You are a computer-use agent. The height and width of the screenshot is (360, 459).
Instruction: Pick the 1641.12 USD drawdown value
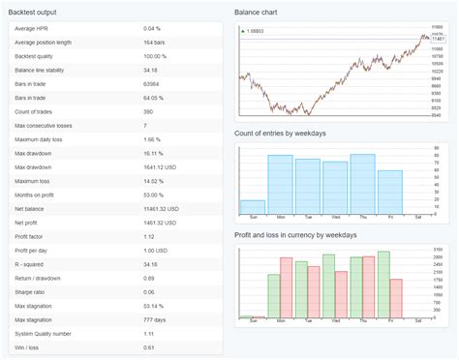pos(161,166)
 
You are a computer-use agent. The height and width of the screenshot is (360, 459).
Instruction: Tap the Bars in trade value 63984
pos(153,84)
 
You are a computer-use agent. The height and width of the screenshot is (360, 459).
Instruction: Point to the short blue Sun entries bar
pos(252,207)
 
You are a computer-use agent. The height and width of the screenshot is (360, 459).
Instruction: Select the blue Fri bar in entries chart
pos(389,192)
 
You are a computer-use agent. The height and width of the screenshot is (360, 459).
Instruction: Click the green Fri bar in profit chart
pos(383,285)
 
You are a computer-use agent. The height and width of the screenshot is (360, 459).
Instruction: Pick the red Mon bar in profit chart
pos(287,287)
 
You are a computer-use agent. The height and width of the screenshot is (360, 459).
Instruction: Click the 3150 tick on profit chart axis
pos(438,256)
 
